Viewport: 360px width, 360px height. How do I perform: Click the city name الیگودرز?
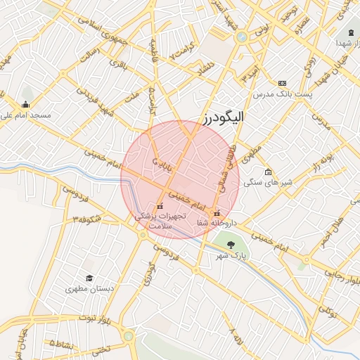(215, 117)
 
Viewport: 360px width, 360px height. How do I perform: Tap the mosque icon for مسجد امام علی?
(26, 105)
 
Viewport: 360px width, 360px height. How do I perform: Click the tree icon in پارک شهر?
(231, 245)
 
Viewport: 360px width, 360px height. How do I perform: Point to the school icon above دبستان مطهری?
(89, 278)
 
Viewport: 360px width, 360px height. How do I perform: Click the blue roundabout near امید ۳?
(242, 36)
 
